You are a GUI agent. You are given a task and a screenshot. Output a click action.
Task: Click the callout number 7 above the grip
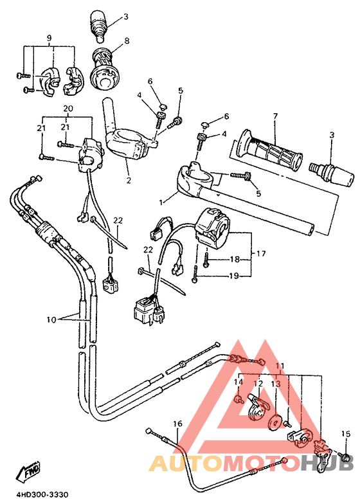click(x=274, y=116)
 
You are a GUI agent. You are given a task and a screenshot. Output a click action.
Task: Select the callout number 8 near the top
click(x=127, y=40)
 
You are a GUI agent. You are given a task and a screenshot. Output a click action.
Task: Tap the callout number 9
click(x=49, y=38)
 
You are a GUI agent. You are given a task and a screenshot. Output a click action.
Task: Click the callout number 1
click(x=161, y=201)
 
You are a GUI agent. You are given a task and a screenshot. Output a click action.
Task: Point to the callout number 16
click(x=177, y=424)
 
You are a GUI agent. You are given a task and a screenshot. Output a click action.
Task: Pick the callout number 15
click(x=345, y=433)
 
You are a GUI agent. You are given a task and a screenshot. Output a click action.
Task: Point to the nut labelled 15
click(x=345, y=458)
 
